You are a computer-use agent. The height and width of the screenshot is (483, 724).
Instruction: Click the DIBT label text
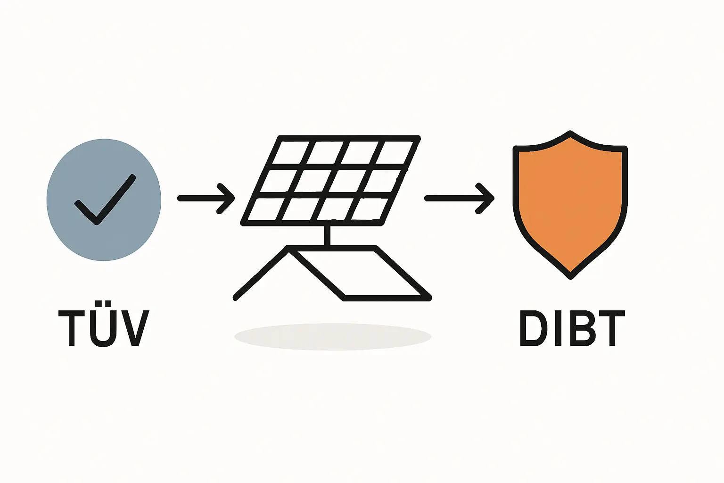click(x=572, y=328)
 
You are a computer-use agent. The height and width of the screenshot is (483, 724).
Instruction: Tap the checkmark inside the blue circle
click(x=105, y=200)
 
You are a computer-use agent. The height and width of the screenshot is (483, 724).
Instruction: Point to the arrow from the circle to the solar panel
click(x=206, y=199)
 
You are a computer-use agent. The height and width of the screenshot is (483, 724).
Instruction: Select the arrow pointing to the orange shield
click(x=459, y=199)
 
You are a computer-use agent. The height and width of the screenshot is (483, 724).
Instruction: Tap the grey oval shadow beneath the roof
click(x=333, y=336)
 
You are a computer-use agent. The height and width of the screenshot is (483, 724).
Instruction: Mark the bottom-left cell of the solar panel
click(x=264, y=208)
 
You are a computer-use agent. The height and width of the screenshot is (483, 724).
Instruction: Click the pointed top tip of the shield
click(x=570, y=133)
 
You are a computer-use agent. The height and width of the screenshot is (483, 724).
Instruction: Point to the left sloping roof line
click(x=261, y=273)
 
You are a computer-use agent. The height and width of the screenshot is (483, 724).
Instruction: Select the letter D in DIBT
click(x=532, y=328)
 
